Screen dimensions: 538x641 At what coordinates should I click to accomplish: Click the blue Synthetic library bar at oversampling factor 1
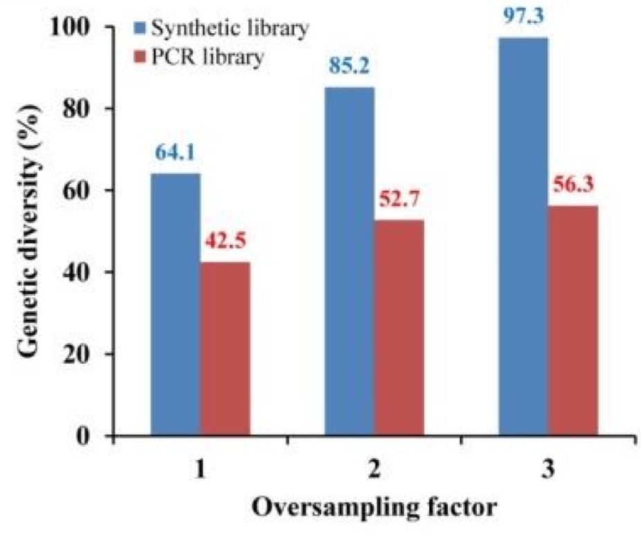point(175,304)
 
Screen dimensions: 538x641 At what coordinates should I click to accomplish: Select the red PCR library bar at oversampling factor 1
point(225,349)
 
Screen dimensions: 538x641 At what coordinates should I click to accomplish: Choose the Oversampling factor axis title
point(374,510)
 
